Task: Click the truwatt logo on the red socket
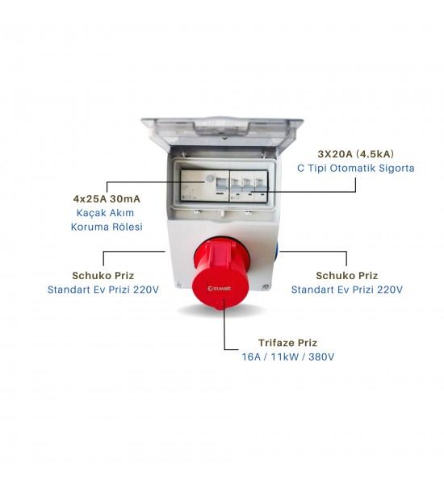[x=219, y=288]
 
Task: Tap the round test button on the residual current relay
[x=210, y=178]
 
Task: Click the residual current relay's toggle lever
[x=221, y=185]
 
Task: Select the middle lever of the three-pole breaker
[x=248, y=186]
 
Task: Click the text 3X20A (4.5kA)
[x=356, y=154]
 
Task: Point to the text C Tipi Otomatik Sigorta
[x=356, y=169]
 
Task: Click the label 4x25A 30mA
[x=107, y=198]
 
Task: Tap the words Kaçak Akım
[x=105, y=213]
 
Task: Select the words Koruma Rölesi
[x=107, y=227]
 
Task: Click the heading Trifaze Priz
[x=287, y=343]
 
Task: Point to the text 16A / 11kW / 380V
[x=287, y=357]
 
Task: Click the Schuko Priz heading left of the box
[x=103, y=275]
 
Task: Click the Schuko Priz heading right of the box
[x=346, y=275]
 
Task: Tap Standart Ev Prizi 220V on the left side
[x=103, y=290]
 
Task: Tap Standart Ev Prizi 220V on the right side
[x=346, y=290]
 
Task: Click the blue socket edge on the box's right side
[x=278, y=251]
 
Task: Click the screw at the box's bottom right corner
[x=265, y=287]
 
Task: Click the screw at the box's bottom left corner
[x=178, y=285]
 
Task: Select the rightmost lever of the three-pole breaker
[x=260, y=186]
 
